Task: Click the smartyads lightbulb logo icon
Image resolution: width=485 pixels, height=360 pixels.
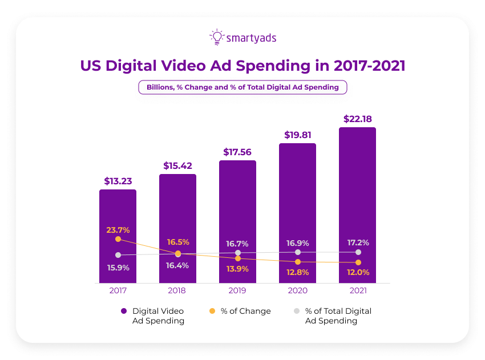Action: click(217, 38)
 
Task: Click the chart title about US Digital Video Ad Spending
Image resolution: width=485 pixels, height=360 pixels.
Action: click(242, 66)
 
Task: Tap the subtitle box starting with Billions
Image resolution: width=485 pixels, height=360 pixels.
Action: click(242, 87)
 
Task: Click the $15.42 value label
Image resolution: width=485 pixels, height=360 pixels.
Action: click(177, 165)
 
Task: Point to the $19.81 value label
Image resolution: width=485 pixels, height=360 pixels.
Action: click(297, 135)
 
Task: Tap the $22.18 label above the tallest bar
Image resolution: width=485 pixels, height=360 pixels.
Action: click(358, 119)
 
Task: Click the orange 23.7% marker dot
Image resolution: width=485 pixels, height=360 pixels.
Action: click(118, 239)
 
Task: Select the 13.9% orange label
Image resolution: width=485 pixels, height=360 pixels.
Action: click(237, 268)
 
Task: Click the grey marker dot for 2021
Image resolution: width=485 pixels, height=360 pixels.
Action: click(358, 252)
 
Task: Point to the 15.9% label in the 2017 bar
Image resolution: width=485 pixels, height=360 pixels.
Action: click(118, 268)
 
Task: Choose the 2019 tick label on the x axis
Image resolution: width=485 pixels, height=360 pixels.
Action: click(237, 291)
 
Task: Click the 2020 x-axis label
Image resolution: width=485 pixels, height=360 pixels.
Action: click(297, 291)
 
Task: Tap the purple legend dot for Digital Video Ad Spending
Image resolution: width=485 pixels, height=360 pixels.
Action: click(123, 312)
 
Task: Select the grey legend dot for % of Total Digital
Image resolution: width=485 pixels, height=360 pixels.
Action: click(296, 312)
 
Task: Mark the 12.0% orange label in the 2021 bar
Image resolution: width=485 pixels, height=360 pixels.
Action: click(358, 272)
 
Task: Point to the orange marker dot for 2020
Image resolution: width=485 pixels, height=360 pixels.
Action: click(298, 262)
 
